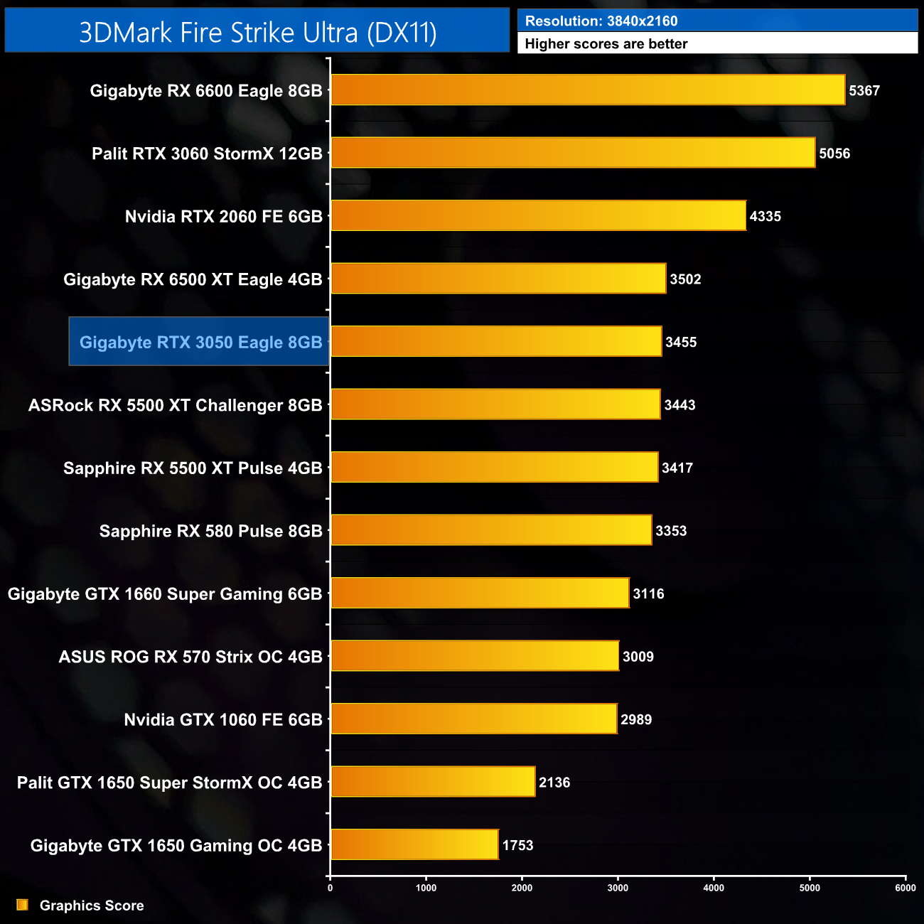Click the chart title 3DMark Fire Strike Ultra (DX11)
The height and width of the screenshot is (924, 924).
[x=257, y=32]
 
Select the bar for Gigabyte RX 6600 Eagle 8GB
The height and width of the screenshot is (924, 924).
[x=588, y=90]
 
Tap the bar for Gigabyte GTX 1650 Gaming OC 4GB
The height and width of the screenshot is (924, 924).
[x=414, y=844]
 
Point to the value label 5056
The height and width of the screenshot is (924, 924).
[x=834, y=154]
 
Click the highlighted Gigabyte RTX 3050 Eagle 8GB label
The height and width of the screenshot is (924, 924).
[x=200, y=342]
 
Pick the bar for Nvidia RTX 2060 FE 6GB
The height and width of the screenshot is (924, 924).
[x=538, y=216]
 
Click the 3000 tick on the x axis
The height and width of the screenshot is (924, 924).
[x=618, y=887]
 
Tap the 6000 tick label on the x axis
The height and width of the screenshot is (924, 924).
[x=906, y=887]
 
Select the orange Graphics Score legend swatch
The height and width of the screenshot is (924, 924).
[x=23, y=905]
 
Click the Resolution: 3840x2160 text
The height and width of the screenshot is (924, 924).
[x=601, y=21]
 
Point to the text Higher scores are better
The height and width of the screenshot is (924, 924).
[x=606, y=44]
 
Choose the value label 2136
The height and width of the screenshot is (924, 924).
[x=554, y=783]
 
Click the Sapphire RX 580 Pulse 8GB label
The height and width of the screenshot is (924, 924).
[x=210, y=531]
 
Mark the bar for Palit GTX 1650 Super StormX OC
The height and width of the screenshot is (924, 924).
[x=433, y=782]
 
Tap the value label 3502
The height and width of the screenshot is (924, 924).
[x=685, y=279]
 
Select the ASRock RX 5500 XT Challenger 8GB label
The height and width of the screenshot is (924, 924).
[x=175, y=405]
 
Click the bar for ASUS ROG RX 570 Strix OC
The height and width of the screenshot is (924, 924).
[x=475, y=656]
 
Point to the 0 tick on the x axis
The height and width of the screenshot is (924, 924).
[x=330, y=887]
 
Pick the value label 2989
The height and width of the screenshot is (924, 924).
[x=636, y=719]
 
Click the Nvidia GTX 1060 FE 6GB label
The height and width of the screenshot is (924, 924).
[x=223, y=719]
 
